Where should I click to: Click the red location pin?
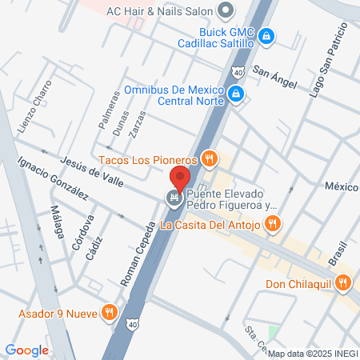coord(180,177)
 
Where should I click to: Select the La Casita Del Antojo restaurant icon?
coord(273,224)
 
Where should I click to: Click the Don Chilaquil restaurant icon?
coord(343,282)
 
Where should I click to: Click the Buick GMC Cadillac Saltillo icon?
coord(267,35)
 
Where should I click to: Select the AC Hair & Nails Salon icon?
coord(226,10)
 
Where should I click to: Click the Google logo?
coord(26,350)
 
